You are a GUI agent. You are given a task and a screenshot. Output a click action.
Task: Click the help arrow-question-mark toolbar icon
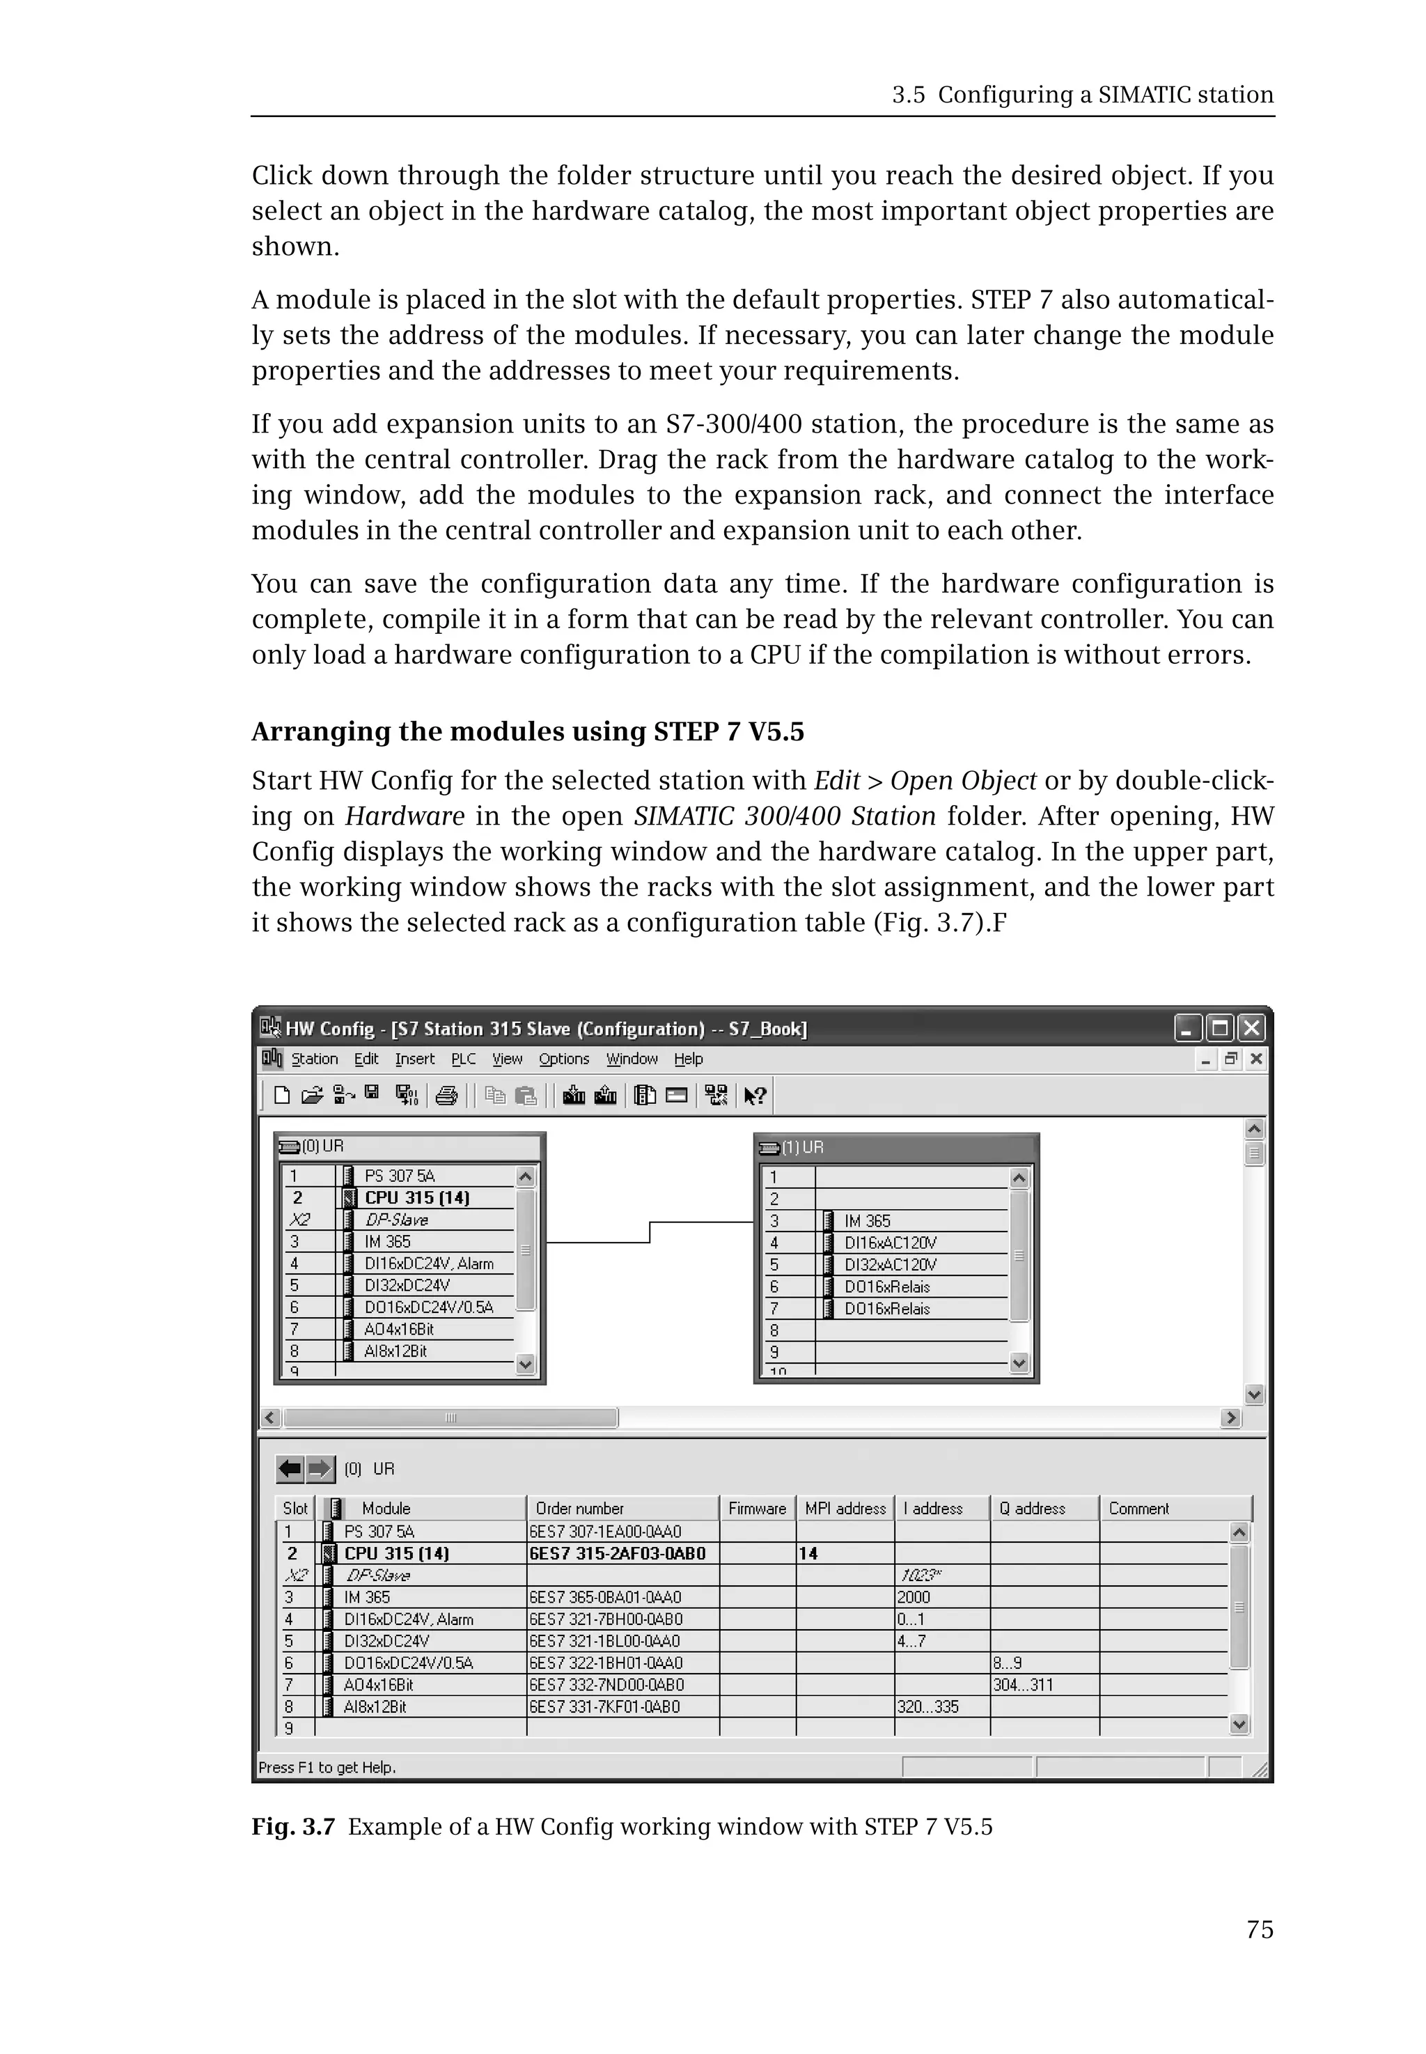pos(754,1095)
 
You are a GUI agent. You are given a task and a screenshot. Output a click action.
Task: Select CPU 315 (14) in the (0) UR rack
pos(416,1198)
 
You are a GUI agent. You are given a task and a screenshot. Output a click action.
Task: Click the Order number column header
pos(579,1508)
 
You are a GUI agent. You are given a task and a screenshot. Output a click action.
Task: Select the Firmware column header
pos(757,1508)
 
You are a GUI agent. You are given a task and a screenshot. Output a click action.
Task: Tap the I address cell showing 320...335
pos(927,1706)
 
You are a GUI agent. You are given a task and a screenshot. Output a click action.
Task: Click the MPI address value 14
pos(808,1553)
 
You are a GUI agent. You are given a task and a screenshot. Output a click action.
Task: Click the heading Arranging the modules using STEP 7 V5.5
pos(527,731)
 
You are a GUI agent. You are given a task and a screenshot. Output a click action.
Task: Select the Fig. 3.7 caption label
pos(292,1826)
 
